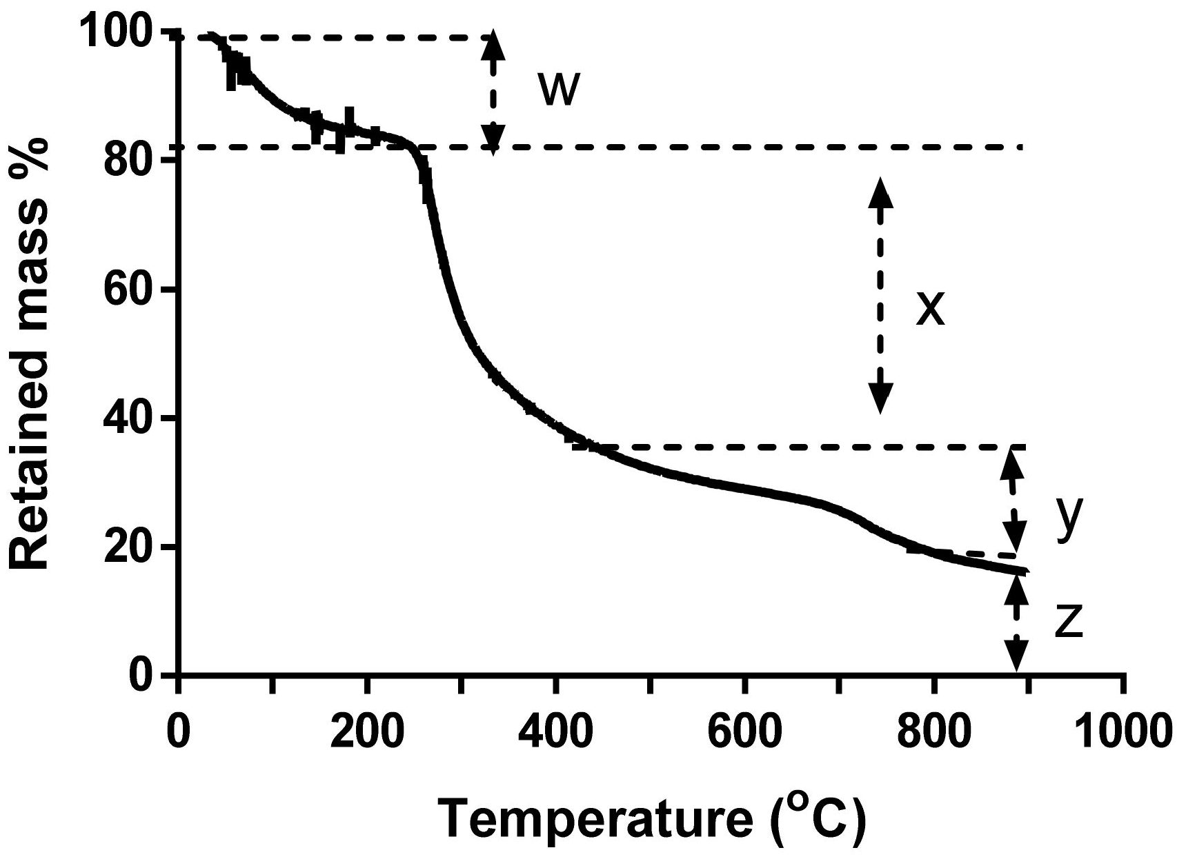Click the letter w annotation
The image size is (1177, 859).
click(x=557, y=90)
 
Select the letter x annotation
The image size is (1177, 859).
click(x=929, y=309)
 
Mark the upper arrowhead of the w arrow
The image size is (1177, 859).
click(x=492, y=45)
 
